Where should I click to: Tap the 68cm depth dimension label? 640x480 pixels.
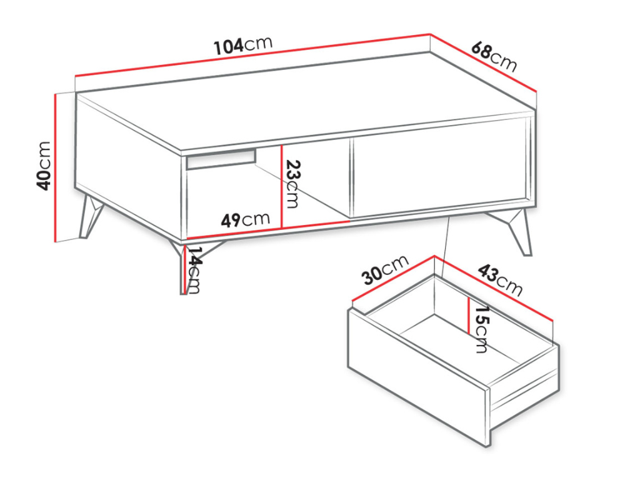pos(494,56)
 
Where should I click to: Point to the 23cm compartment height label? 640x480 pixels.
pos(292,184)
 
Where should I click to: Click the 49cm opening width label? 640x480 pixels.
pos(245,219)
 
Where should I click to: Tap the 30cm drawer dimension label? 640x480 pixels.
pos(385,270)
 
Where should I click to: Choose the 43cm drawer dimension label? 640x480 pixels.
pos(499,280)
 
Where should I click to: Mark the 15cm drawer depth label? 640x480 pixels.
pos(481,329)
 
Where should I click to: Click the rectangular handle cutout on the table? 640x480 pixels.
pos(221,159)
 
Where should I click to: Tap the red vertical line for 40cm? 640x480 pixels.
pos(55,167)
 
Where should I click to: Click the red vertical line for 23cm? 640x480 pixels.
pos(282,186)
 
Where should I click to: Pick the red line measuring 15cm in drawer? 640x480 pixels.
pos(469,316)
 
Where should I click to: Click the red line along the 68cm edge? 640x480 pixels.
pos(484,63)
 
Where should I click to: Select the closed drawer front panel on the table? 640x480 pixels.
pos(441,167)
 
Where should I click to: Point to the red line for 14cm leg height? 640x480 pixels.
pos(185,269)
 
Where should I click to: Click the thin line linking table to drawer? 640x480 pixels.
pos(446,247)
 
